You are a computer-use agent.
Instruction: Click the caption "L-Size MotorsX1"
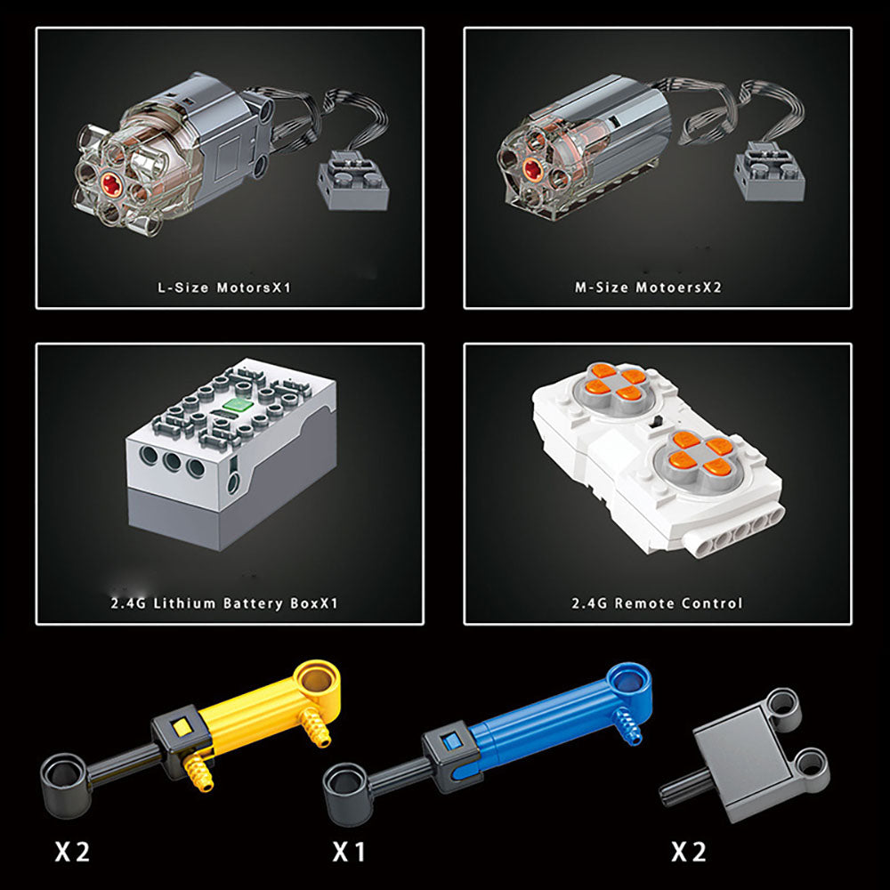point(224,287)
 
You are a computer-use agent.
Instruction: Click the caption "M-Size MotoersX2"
point(648,287)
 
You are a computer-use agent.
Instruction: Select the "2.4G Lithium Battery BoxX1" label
point(224,603)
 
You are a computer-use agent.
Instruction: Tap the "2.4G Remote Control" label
point(657,603)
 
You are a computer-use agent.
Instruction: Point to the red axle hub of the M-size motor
point(532,169)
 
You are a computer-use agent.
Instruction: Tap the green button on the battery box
point(238,405)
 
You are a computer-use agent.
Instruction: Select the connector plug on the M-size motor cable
point(769,173)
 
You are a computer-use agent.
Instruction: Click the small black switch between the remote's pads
point(659,422)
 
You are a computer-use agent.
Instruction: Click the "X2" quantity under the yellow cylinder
point(72,852)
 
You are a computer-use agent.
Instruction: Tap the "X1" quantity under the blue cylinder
point(348,852)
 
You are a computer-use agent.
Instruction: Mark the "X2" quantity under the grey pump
point(689,852)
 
